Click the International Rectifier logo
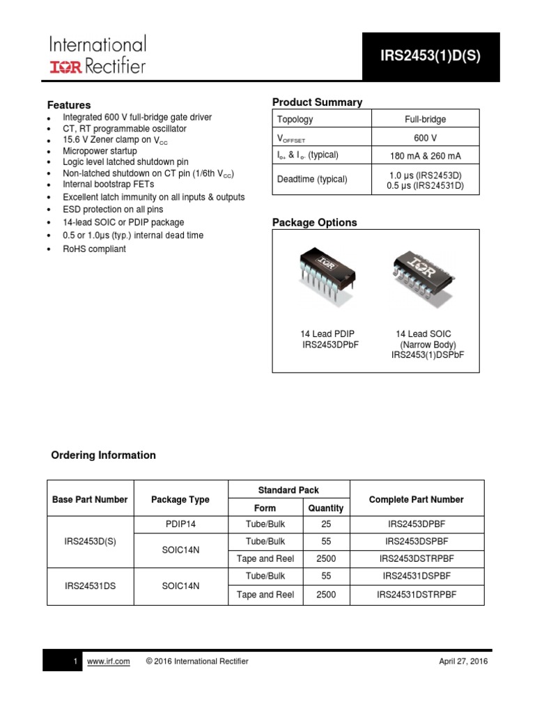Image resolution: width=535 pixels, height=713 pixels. (97, 56)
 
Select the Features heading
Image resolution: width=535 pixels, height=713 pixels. (69, 105)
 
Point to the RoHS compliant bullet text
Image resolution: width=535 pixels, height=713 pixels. (94, 249)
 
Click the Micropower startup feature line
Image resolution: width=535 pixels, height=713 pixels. (100, 151)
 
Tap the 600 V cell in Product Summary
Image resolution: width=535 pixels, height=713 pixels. (425, 137)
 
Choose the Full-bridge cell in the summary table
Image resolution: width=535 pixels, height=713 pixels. (425, 119)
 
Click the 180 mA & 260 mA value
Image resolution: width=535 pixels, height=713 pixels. (425, 155)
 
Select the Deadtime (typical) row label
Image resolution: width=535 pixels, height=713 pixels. (312, 180)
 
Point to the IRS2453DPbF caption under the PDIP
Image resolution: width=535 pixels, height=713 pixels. (329, 345)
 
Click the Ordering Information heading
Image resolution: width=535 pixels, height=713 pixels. (104, 455)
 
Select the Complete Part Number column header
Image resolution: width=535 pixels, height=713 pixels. (416, 500)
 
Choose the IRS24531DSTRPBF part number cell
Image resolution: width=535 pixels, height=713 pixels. (416, 595)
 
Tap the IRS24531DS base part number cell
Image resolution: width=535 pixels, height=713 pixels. (90, 586)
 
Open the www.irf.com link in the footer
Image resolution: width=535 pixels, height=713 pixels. (109, 661)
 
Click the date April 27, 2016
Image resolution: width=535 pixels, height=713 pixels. (464, 661)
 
